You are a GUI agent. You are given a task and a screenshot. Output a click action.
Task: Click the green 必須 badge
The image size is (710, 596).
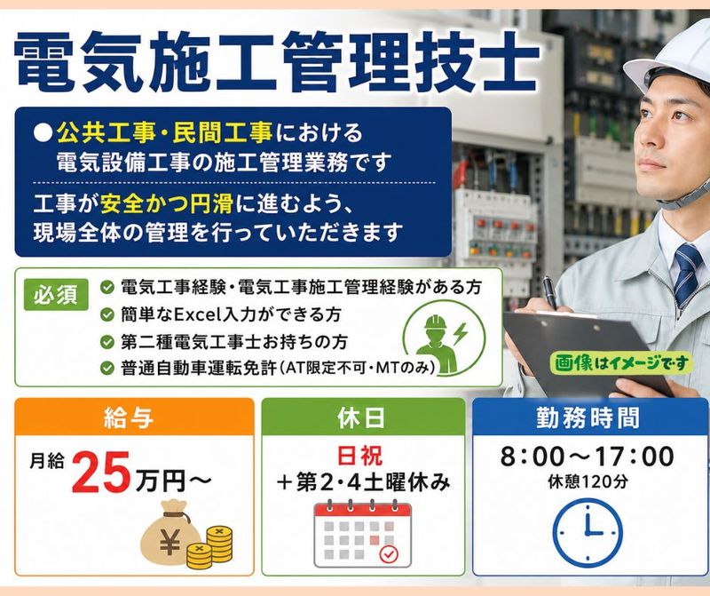pyautogui.click(x=56, y=295)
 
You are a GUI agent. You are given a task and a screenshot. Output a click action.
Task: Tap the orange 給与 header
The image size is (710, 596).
pyautogui.click(x=135, y=417)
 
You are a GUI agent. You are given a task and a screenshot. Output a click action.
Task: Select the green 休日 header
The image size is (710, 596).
pyautogui.click(x=363, y=417)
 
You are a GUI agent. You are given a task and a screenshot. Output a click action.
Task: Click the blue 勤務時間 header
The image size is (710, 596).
pyautogui.click(x=590, y=417)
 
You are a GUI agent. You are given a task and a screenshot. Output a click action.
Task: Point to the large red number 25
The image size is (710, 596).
pyautogui.click(x=101, y=473)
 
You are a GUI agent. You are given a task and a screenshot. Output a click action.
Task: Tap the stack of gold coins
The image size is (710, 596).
pyautogui.click(x=209, y=547)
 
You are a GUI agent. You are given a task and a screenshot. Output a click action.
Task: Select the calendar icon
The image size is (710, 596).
pyautogui.click(x=363, y=534)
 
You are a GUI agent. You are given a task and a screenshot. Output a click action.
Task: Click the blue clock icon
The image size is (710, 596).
pyautogui.click(x=588, y=533)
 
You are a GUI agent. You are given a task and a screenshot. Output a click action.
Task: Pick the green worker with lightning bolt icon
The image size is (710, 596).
pyautogui.click(x=443, y=339)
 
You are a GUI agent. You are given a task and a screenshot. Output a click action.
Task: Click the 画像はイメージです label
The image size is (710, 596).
pyautogui.click(x=621, y=363)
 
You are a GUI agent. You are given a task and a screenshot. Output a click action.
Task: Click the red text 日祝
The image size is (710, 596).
pyautogui.click(x=360, y=455)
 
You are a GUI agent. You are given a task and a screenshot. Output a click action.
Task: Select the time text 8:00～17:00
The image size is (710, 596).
pyautogui.click(x=588, y=456)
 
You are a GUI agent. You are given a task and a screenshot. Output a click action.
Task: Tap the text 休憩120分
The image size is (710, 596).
pyautogui.click(x=588, y=481)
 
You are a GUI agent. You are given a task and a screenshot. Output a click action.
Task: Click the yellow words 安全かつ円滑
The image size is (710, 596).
pyautogui.click(x=167, y=204)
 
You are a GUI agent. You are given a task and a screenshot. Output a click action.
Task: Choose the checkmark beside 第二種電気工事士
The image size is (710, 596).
pyautogui.click(x=106, y=342)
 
